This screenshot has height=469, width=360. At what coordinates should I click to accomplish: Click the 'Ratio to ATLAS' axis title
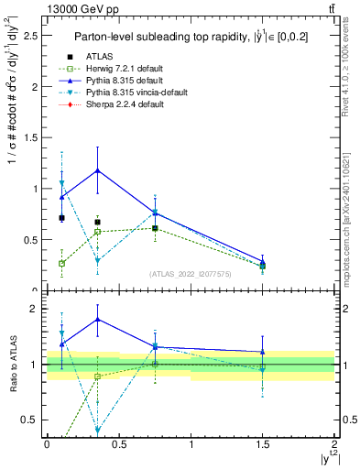tap(13, 365)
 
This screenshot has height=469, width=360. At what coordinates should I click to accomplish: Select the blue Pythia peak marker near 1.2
tap(98, 170)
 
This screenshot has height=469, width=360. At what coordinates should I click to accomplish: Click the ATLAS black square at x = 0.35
tap(98, 222)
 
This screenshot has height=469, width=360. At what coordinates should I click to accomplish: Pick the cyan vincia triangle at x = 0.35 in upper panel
tap(98, 260)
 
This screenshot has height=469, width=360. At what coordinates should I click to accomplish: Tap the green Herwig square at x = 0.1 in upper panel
tap(62, 263)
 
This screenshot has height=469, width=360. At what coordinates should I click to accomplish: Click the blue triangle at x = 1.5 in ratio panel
tap(263, 352)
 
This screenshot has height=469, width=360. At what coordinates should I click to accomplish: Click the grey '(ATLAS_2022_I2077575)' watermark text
tap(190, 274)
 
